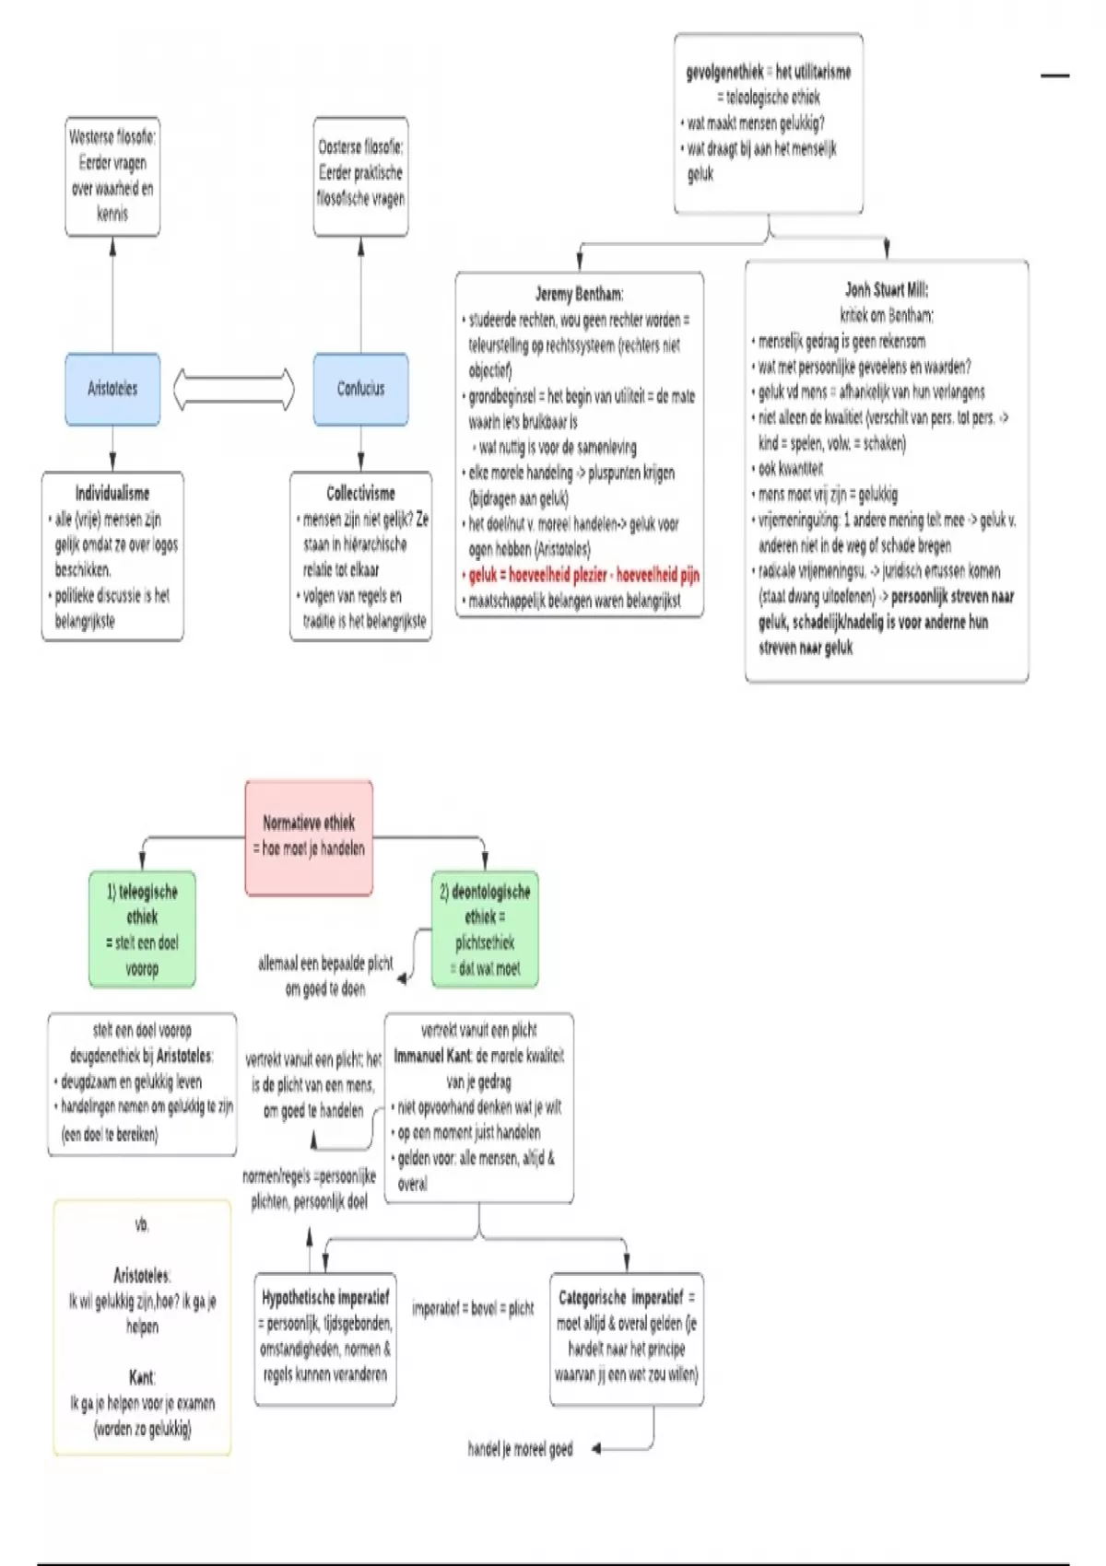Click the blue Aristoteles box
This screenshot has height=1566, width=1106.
coord(112,389)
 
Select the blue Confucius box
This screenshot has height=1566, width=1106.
coord(360,389)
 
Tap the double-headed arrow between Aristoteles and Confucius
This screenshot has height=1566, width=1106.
coord(234,389)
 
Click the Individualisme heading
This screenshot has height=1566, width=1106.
coord(112,494)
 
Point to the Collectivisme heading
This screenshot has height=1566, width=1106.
coord(360,494)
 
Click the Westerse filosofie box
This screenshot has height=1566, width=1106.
coord(112,176)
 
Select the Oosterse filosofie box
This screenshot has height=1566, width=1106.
coord(360,176)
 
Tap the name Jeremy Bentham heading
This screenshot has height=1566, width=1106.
coord(579,294)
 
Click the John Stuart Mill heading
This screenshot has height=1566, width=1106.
coord(887,290)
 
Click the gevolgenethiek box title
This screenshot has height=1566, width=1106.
coord(768,72)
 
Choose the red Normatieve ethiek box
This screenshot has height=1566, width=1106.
coord(309,836)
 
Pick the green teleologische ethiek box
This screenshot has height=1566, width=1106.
coord(142,929)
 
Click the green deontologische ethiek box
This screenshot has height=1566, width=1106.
coord(485,929)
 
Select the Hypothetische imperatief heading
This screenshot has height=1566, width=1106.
coord(325,1298)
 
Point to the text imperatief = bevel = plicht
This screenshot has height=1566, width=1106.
coord(473,1308)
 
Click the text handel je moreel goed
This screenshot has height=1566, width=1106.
coord(520,1449)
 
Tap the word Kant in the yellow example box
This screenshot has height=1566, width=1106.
coord(141,1377)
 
